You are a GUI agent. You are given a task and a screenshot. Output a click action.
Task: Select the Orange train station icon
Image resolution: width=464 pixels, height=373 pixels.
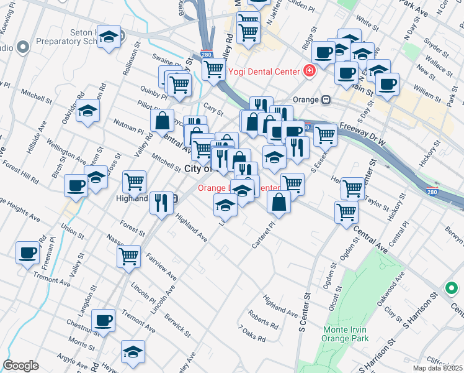click(x=325, y=99)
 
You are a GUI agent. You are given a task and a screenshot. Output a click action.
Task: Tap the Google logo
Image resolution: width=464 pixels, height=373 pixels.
click(x=20, y=366)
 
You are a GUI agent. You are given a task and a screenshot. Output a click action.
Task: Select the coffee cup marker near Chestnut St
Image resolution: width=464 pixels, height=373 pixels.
click(x=103, y=320)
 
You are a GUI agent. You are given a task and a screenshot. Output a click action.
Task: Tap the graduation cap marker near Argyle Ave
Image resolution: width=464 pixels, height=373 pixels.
click(x=133, y=351)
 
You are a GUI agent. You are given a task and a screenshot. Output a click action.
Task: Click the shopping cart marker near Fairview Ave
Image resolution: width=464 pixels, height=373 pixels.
click(x=129, y=255)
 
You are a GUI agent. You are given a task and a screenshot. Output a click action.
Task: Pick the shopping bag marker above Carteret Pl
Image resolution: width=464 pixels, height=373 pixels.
click(x=279, y=201)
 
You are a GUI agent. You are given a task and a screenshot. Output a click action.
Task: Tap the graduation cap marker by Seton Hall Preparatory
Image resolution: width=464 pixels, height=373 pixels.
click(x=109, y=37)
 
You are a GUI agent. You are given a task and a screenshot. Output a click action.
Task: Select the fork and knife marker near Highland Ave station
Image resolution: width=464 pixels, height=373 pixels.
click(x=161, y=201)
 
